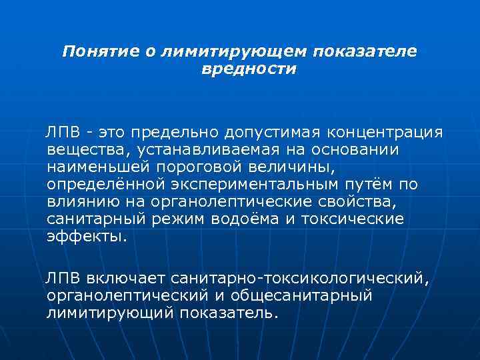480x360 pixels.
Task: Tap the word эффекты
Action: pos(86,235)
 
